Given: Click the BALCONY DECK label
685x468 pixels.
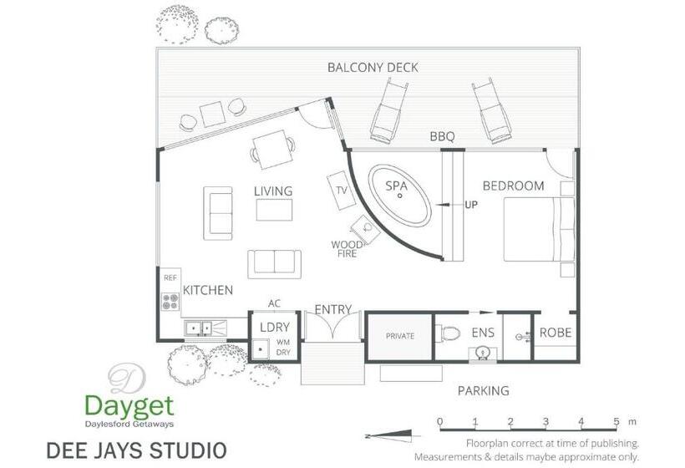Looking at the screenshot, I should [373, 68].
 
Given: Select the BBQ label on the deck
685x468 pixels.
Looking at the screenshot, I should [442, 136].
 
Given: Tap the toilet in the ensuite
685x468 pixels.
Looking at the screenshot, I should [449, 333].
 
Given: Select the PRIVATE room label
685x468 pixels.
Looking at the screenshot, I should [399, 336].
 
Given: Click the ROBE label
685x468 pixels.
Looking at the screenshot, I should [556, 333].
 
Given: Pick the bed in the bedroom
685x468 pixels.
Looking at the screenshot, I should [539, 231].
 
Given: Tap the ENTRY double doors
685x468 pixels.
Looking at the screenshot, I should [333, 328].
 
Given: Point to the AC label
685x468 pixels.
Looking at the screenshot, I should [274, 303].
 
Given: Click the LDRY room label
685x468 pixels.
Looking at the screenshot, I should [274, 327].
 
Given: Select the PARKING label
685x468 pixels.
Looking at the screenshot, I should [483, 390].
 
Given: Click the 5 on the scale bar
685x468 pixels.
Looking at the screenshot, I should [616, 421].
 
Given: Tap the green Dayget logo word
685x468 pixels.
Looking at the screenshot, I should [129, 406].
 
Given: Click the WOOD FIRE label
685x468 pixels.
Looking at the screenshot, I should [346, 249].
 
